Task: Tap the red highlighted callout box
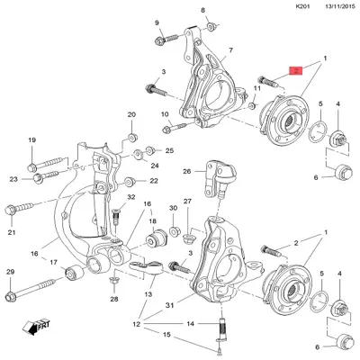tap(295, 69)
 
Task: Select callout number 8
tap(203, 10)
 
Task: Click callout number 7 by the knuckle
tap(230, 50)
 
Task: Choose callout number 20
tap(131, 116)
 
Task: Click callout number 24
tap(156, 166)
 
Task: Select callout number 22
tap(153, 181)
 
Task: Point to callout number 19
tap(31, 139)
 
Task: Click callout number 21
tap(12, 232)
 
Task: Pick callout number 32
tap(130, 196)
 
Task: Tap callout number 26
tap(187, 170)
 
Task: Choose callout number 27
tap(188, 202)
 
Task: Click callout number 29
tap(11, 272)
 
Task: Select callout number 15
tap(167, 336)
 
